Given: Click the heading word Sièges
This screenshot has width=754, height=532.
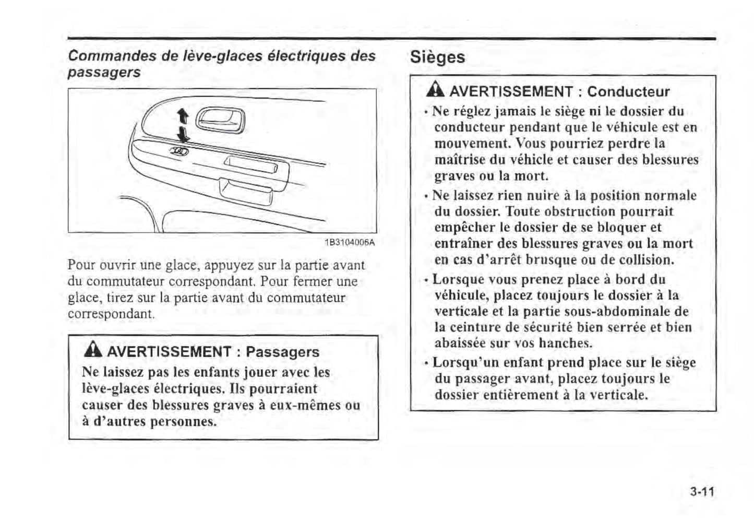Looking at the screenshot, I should click(437, 57).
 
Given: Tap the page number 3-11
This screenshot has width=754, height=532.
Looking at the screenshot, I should click(701, 492).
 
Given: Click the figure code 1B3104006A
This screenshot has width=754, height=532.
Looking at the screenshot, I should click(349, 243).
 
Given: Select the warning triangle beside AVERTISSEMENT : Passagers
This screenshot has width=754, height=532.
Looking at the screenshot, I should click(93, 351).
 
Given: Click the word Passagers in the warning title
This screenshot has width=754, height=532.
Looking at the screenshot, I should click(282, 352).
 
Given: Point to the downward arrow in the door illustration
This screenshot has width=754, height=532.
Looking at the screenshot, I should click(183, 134).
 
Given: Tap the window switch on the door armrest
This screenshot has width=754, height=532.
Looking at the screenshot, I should click(178, 151).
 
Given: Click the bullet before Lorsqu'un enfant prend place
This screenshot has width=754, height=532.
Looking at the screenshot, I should click(427, 363).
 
